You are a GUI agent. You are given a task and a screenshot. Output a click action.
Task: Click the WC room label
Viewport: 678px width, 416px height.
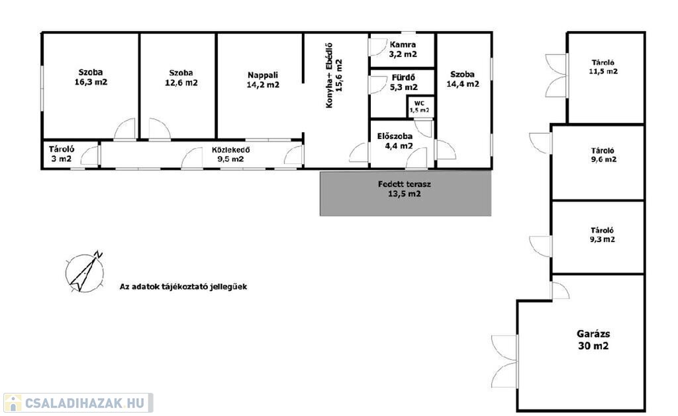[419, 106]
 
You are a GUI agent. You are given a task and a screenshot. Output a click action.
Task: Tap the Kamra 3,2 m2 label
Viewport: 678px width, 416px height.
[403, 49]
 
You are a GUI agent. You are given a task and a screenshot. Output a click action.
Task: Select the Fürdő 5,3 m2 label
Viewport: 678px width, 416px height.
[403, 82]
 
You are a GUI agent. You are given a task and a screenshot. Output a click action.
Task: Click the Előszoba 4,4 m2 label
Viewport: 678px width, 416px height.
[395, 141]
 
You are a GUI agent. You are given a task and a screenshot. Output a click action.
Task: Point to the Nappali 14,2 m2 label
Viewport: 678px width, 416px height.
[263, 80]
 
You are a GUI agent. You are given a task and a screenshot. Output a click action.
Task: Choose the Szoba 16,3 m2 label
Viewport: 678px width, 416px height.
[91, 77]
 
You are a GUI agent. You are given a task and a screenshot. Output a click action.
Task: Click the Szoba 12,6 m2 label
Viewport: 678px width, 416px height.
[181, 78]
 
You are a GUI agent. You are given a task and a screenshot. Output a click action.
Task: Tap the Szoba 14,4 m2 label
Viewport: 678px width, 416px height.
[463, 79]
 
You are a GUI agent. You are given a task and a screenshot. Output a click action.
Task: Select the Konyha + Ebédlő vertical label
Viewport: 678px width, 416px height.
[334, 75]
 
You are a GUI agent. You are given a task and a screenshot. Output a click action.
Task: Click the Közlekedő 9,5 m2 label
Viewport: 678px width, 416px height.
[230, 154]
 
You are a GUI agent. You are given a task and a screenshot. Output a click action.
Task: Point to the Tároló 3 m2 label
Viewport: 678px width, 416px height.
[62, 154]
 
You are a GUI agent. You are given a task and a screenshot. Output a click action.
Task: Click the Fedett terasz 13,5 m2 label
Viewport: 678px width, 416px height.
[405, 188]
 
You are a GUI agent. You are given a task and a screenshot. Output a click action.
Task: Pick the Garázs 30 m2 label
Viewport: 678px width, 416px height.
[593, 339]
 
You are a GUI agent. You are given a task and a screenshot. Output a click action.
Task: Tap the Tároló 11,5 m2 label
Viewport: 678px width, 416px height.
[603, 67]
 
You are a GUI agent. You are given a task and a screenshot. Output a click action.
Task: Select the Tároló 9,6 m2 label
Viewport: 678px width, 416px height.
[603, 155]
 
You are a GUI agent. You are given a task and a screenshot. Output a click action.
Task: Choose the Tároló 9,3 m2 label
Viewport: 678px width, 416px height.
[603, 235]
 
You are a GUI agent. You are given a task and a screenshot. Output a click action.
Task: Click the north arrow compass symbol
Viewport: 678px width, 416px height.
[85, 272]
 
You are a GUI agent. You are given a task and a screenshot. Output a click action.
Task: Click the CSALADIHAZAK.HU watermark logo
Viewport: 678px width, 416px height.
[78, 403]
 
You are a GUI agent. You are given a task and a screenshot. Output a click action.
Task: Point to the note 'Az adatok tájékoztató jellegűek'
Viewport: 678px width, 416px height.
[183, 286]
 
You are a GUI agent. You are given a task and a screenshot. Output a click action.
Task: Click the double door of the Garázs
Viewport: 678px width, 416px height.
[505, 361]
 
